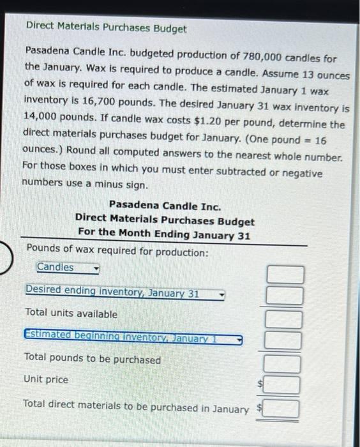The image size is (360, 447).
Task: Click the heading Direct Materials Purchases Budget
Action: (106, 29)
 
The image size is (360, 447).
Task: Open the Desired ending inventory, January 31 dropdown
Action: (124, 293)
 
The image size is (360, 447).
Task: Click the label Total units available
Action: (71, 314)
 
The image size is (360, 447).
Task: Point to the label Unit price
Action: (45, 379)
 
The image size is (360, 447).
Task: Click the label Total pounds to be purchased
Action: (92, 360)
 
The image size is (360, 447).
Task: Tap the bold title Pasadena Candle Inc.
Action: (165, 206)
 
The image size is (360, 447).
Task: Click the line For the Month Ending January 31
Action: (165, 234)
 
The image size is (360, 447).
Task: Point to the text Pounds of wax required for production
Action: (117, 252)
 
